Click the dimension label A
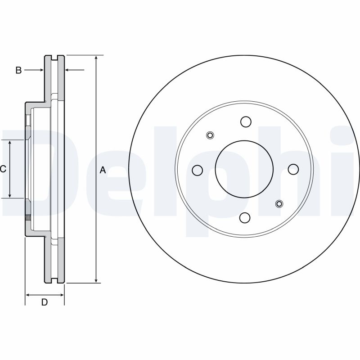coord(103,170)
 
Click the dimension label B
coord(18,70)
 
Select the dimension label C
coord(3,169)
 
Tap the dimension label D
coord(44,302)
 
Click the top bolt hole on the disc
coord(245,121)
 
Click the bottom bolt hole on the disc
coord(245,218)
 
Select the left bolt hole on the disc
coord(197,170)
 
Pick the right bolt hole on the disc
coord(293,169)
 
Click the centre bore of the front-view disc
coord(245,169)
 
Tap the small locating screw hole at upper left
coord(210,135)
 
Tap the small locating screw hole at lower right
coord(279,204)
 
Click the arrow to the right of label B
coord(40,70)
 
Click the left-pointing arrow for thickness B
coord(68,70)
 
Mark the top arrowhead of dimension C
coord(10,142)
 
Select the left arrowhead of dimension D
coord(28,295)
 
